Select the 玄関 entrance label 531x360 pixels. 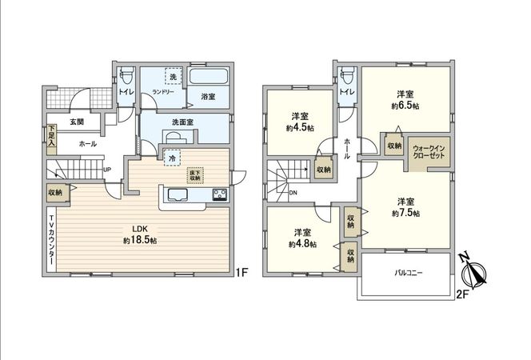(x=76, y=122)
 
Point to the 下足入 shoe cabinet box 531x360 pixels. (x=51, y=133)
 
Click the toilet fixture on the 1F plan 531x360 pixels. (x=126, y=77)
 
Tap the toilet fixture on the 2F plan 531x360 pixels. (x=345, y=77)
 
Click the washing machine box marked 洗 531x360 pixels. (x=171, y=77)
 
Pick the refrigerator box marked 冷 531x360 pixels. (x=172, y=158)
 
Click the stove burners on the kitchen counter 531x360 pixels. (x=220, y=194)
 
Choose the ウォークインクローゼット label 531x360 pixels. (x=429, y=152)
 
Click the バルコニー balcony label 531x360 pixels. (x=408, y=274)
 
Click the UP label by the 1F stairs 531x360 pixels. (x=107, y=170)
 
